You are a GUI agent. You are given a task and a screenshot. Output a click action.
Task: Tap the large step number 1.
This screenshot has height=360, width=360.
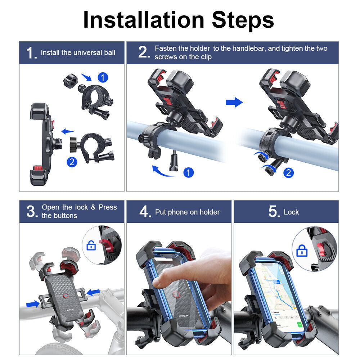(31, 53)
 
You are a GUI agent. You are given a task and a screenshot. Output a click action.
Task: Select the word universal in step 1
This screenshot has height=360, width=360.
(88, 53)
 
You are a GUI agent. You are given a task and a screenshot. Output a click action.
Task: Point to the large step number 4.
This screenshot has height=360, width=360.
(144, 212)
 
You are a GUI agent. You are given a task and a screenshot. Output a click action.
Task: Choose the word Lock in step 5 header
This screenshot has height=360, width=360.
(291, 212)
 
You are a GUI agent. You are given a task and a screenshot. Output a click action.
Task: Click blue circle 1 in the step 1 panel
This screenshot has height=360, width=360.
(103, 77)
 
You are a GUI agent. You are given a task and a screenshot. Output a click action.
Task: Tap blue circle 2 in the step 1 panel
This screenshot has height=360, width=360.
(72, 162)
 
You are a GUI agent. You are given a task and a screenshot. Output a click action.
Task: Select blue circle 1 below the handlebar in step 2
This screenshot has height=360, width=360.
(188, 172)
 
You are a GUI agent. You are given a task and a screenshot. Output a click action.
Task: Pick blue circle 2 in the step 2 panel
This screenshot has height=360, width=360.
(288, 173)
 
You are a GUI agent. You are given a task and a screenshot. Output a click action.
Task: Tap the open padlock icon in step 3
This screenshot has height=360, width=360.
(91, 246)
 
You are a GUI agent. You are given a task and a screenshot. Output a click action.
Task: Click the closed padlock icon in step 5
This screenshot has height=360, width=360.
(302, 251)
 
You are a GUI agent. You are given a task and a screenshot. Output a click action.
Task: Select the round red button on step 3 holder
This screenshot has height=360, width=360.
(66, 296)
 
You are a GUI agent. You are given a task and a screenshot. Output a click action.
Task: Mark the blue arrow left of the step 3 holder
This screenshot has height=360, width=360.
(33, 304)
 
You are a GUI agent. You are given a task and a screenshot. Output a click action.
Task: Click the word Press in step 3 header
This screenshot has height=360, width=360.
(108, 207)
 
